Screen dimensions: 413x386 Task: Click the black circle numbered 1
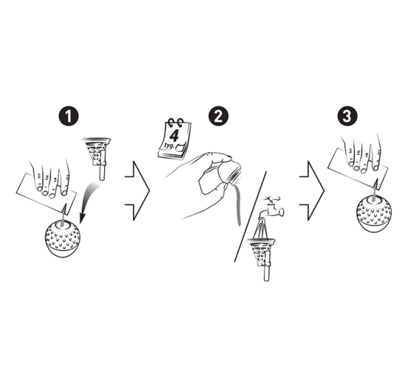69,116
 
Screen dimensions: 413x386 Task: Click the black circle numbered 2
218,116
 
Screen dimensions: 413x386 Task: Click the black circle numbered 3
347,116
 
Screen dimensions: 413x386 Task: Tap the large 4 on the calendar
173,136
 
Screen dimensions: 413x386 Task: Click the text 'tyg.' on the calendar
169,145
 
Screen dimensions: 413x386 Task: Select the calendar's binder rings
176,122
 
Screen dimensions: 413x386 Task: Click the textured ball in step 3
374,214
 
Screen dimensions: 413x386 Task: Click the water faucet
270,207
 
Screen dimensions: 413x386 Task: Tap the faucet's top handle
272,199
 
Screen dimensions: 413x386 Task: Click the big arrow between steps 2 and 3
313,190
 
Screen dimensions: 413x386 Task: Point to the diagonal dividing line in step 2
250,216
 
